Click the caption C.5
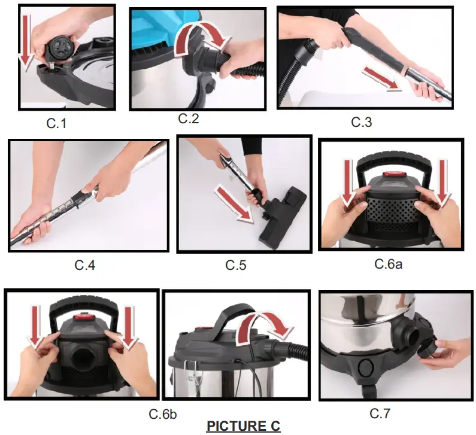pos(236,265)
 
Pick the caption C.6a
pos(388,263)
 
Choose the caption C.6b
pos(162,413)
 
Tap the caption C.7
pos(381,413)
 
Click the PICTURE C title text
pos(243,427)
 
